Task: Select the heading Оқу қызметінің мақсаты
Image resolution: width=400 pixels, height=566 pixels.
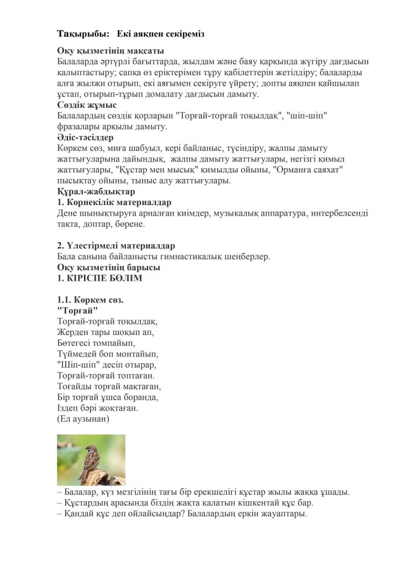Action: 110,51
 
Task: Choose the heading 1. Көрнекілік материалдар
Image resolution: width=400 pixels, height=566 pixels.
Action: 114,202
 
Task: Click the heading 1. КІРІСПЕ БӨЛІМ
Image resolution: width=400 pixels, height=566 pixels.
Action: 99,278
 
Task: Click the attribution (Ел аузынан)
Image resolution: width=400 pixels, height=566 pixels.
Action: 83,419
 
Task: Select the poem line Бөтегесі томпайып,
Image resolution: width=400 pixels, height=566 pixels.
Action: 97,343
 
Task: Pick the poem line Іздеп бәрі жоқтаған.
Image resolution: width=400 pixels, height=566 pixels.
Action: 97,408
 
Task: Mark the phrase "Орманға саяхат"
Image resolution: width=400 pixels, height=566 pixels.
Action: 307,170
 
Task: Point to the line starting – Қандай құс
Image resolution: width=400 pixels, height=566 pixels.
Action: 182,513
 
